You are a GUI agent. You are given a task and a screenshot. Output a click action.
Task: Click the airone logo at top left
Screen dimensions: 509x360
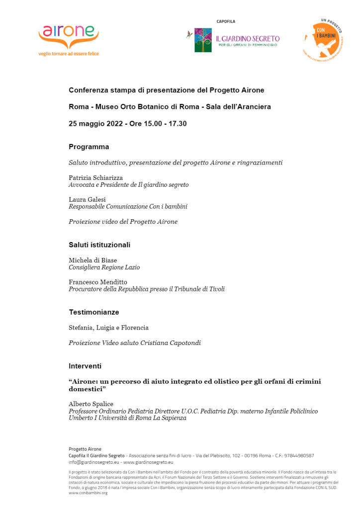[x=69, y=35]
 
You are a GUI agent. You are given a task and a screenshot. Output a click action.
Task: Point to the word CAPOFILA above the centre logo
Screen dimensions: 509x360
[x=226, y=21]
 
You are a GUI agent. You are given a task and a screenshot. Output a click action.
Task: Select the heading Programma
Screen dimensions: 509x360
[x=89, y=147]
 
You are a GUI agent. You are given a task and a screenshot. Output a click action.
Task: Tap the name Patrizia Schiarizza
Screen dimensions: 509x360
[x=95, y=177]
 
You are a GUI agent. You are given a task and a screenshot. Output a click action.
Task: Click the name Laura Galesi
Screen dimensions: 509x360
[x=87, y=199]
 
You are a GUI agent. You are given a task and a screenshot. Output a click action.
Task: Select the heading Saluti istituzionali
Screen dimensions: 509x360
[x=99, y=245]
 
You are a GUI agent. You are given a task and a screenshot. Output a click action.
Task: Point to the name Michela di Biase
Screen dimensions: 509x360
[x=93, y=260]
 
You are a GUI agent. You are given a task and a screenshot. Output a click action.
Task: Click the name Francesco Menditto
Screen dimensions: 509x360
[x=98, y=282]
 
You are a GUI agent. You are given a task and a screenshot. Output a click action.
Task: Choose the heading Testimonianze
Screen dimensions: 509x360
[x=93, y=312]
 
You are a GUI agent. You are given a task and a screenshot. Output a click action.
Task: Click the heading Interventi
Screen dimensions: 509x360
[x=85, y=366]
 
